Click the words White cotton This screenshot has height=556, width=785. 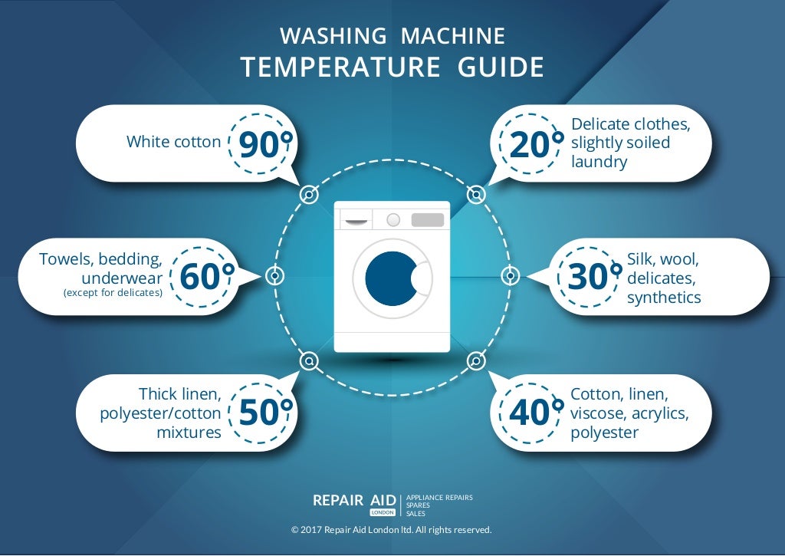coord(173,142)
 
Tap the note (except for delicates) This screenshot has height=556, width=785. coord(113,292)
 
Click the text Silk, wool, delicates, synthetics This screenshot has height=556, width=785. coord(664,278)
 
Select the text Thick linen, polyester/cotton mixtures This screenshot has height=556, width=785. coord(161,413)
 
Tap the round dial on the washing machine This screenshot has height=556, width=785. coord(393,220)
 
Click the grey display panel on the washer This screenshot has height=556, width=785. coord(428,220)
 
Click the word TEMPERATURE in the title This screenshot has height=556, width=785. coord(340,67)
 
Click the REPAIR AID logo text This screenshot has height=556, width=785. coord(354,500)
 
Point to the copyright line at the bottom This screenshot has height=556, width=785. coord(392,530)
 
